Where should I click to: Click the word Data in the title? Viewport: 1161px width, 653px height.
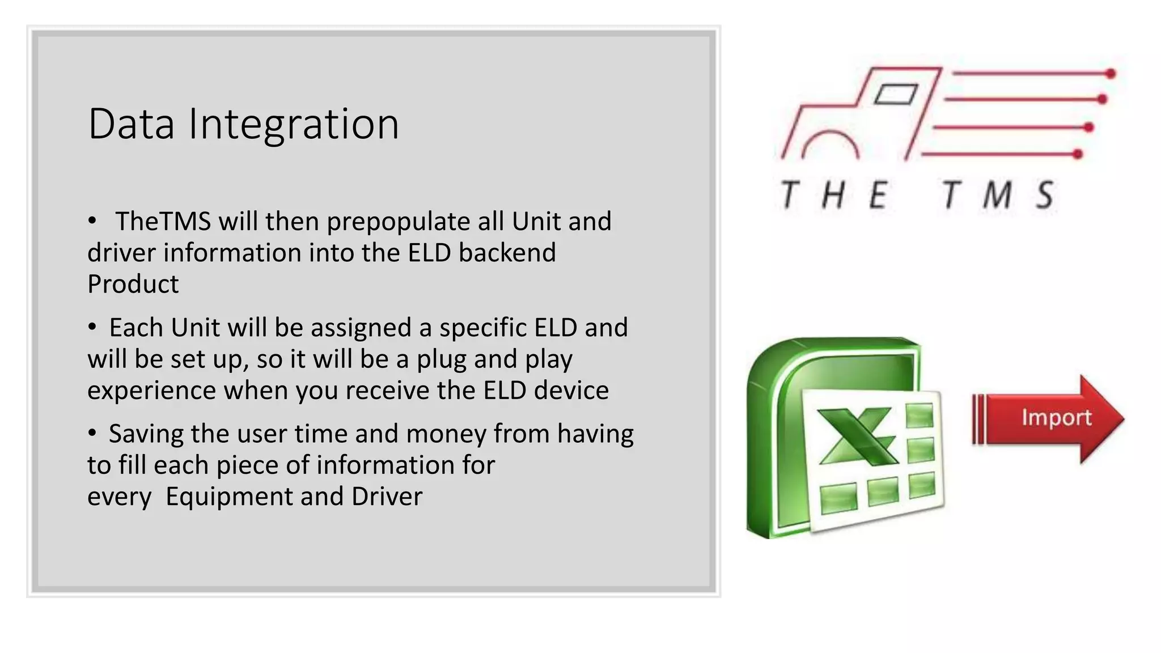point(131,124)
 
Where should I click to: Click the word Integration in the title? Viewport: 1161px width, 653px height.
point(294,125)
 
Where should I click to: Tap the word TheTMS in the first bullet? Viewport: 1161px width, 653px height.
point(163,221)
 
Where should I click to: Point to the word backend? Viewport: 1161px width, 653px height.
point(507,253)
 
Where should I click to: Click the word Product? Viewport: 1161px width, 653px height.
point(133,284)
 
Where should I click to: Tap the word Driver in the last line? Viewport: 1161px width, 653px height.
point(387,497)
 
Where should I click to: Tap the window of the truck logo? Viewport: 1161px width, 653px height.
point(896,94)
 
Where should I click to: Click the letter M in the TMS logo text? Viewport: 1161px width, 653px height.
point(997,195)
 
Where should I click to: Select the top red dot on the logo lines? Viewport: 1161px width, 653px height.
point(1111,73)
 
